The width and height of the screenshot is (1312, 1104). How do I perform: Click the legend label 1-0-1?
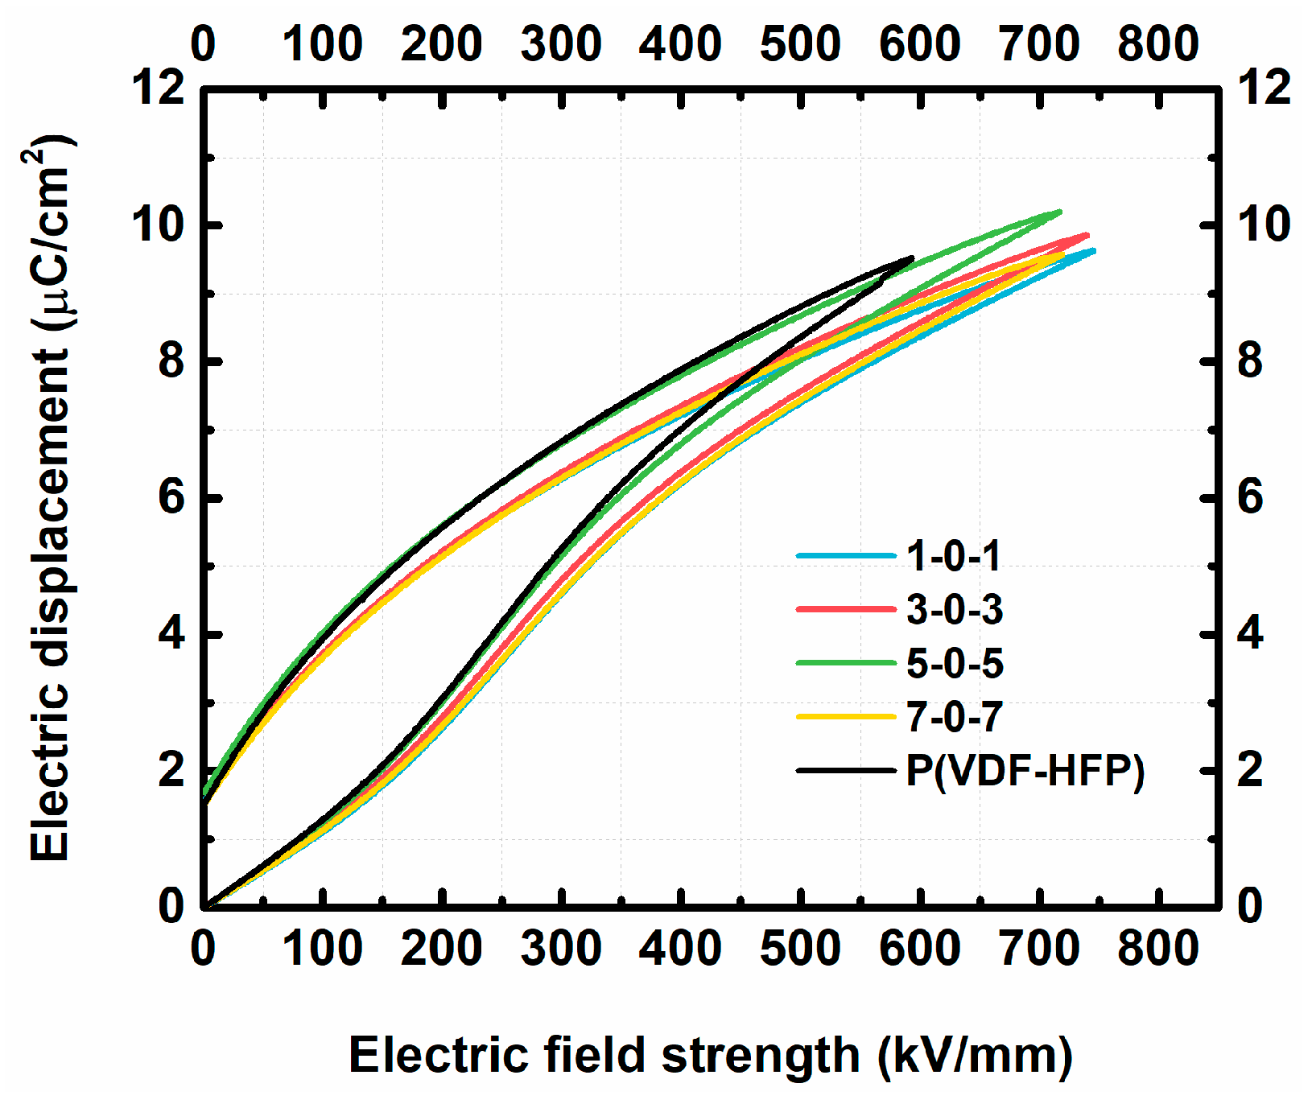[953, 556]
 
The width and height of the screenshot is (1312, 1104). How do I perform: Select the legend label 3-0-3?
[955, 610]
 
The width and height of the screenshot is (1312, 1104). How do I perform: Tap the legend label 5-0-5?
[955, 664]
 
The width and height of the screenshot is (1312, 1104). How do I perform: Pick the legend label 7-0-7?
[955, 717]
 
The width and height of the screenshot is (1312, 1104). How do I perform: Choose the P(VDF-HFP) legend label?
[1025, 771]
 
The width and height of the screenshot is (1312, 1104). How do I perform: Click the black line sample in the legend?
[845, 771]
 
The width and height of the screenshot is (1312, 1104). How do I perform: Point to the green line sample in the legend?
[845, 663]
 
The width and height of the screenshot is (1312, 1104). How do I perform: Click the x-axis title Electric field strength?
[710, 1055]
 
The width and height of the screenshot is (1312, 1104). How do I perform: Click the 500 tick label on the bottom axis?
[800, 949]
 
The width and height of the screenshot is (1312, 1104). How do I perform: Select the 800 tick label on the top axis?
[1157, 43]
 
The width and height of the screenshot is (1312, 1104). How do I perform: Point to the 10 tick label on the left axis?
[159, 225]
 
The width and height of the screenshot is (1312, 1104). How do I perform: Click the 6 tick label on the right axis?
[1249, 497]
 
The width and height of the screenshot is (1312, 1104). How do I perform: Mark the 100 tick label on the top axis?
[322, 43]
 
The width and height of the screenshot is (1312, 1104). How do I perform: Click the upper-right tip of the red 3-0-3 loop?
[1087, 236]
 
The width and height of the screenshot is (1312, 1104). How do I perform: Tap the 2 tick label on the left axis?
[171, 770]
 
